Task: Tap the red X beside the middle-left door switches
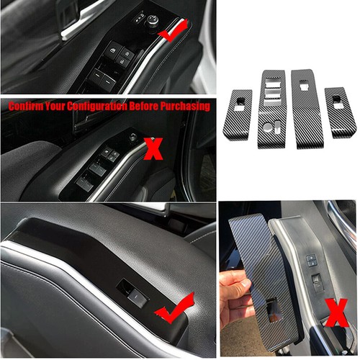pos(153,149)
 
